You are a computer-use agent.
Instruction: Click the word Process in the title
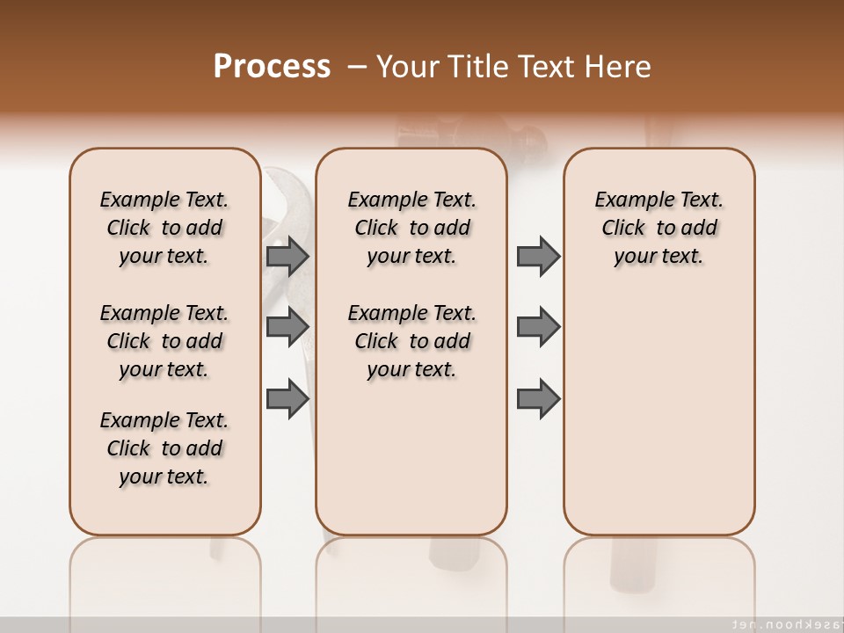point(272,67)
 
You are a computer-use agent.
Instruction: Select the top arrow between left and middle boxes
point(287,257)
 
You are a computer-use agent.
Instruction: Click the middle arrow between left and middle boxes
point(287,326)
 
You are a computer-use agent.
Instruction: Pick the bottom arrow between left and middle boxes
point(287,398)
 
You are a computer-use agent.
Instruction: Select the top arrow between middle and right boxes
point(538,257)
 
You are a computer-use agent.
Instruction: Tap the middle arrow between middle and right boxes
point(538,326)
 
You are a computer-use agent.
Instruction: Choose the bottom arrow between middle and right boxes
point(538,398)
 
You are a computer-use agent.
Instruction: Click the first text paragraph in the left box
point(164,228)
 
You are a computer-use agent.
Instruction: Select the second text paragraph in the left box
point(164,341)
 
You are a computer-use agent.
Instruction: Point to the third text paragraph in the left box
point(164,448)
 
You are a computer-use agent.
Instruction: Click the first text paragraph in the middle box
point(411,228)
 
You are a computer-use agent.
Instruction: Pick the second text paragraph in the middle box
point(411,341)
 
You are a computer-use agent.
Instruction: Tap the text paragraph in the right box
point(658,228)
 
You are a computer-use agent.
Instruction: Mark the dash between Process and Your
point(357,67)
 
